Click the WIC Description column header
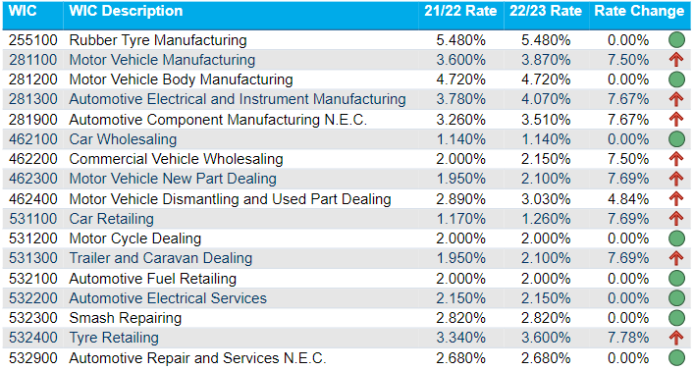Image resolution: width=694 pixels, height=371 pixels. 126,12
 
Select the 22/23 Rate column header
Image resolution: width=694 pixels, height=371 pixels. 546,12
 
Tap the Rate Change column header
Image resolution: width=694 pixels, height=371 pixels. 639,12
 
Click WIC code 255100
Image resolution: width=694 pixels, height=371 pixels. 33,40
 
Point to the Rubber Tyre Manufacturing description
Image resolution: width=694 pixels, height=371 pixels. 158,40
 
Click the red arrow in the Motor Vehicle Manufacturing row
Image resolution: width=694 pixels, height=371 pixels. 675,60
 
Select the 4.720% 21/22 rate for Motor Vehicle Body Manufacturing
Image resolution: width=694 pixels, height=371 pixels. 460,79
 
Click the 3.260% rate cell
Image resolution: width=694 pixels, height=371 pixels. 460,119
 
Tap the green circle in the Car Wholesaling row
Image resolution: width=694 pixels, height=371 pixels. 675,139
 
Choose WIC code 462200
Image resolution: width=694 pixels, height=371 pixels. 33,159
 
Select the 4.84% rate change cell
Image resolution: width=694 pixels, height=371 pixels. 628,199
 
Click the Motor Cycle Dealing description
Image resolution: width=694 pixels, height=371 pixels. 134,238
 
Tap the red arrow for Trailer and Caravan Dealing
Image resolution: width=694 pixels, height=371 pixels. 675,258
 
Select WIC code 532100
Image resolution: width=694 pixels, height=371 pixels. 33,279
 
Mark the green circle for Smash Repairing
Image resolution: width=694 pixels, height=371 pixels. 675,318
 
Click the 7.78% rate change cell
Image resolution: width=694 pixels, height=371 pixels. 628,338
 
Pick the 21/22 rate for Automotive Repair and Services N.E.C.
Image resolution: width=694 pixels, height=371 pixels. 460,358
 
